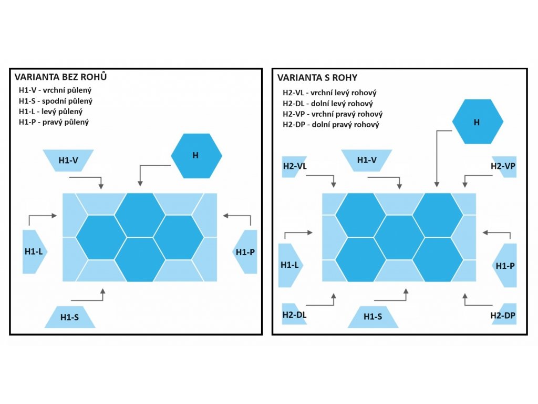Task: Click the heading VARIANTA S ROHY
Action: [x=317, y=78]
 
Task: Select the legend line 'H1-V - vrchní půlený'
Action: [x=55, y=89]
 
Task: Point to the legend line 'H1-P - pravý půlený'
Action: [x=54, y=122]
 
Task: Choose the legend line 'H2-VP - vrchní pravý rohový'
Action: [x=333, y=114]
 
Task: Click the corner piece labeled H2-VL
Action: [x=295, y=166]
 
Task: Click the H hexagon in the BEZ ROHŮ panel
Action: [x=196, y=156]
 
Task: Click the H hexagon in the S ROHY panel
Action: [x=477, y=122]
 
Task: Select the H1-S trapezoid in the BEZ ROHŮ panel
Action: [x=70, y=317]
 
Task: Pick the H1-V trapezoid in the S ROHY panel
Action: [x=366, y=160]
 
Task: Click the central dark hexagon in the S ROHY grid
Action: [x=399, y=237]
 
